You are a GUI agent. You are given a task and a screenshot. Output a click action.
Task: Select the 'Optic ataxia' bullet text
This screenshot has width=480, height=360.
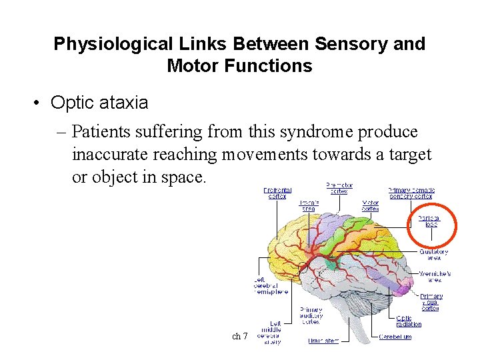pos(99,103)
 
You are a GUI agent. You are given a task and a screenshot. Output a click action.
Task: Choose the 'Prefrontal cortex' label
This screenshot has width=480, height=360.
pos(277,193)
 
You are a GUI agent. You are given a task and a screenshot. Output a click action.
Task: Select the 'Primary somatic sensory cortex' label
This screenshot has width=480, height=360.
pos(411,193)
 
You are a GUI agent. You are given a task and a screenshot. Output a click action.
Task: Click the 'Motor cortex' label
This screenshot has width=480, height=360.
pos(370,205)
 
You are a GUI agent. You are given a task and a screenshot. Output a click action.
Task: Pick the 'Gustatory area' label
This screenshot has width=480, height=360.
pos(433,255)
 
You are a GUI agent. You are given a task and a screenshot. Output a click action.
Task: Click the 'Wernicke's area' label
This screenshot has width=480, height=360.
pos(435,276)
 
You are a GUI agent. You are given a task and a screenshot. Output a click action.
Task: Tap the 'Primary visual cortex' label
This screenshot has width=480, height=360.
pos(431,302)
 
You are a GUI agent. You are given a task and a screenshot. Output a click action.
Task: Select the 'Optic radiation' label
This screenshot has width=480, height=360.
pos(409,321)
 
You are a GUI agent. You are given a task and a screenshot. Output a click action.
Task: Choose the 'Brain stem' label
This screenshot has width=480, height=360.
pos(323,341)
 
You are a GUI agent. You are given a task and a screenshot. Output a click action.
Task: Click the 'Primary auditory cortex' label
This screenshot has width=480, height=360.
pos(311,315)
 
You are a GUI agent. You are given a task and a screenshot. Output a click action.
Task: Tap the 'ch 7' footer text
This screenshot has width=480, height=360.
pos(239,337)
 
